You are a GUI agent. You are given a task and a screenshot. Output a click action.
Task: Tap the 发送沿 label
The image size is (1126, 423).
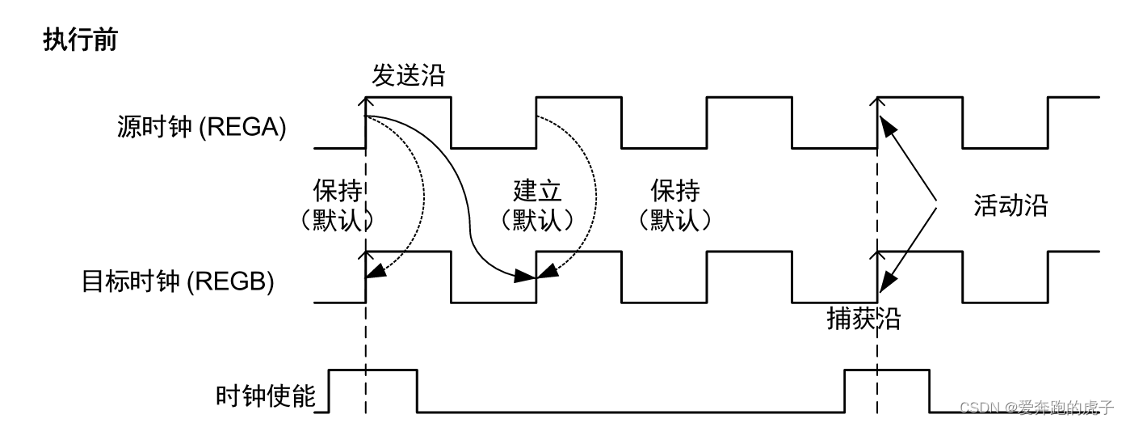[x=408, y=76]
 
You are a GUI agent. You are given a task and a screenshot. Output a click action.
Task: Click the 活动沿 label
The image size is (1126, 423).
[x=1010, y=205]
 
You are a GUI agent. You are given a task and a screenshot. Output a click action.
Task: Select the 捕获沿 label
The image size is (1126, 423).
[x=863, y=319]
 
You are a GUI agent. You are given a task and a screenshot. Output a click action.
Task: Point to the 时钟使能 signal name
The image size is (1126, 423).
[x=266, y=396]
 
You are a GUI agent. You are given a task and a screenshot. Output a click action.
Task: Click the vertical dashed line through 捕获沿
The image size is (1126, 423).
[x=877, y=356]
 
